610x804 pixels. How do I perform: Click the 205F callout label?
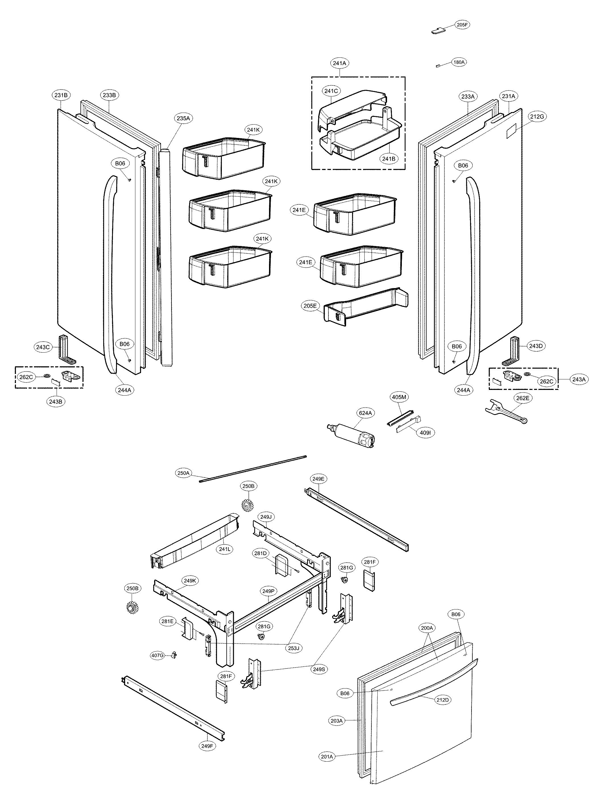(x=462, y=25)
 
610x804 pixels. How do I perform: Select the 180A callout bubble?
(x=459, y=62)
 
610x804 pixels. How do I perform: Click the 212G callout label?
(x=537, y=117)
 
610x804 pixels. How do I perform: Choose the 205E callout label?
(x=310, y=306)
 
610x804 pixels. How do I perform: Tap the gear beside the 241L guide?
(x=248, y=505)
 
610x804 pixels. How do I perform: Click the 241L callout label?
(x=224, y=549)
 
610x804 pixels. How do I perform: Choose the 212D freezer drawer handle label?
(x=443, y=700)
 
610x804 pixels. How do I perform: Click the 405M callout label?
(x=399, y=397)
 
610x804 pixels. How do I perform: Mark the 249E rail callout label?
(x=318, y=479)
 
